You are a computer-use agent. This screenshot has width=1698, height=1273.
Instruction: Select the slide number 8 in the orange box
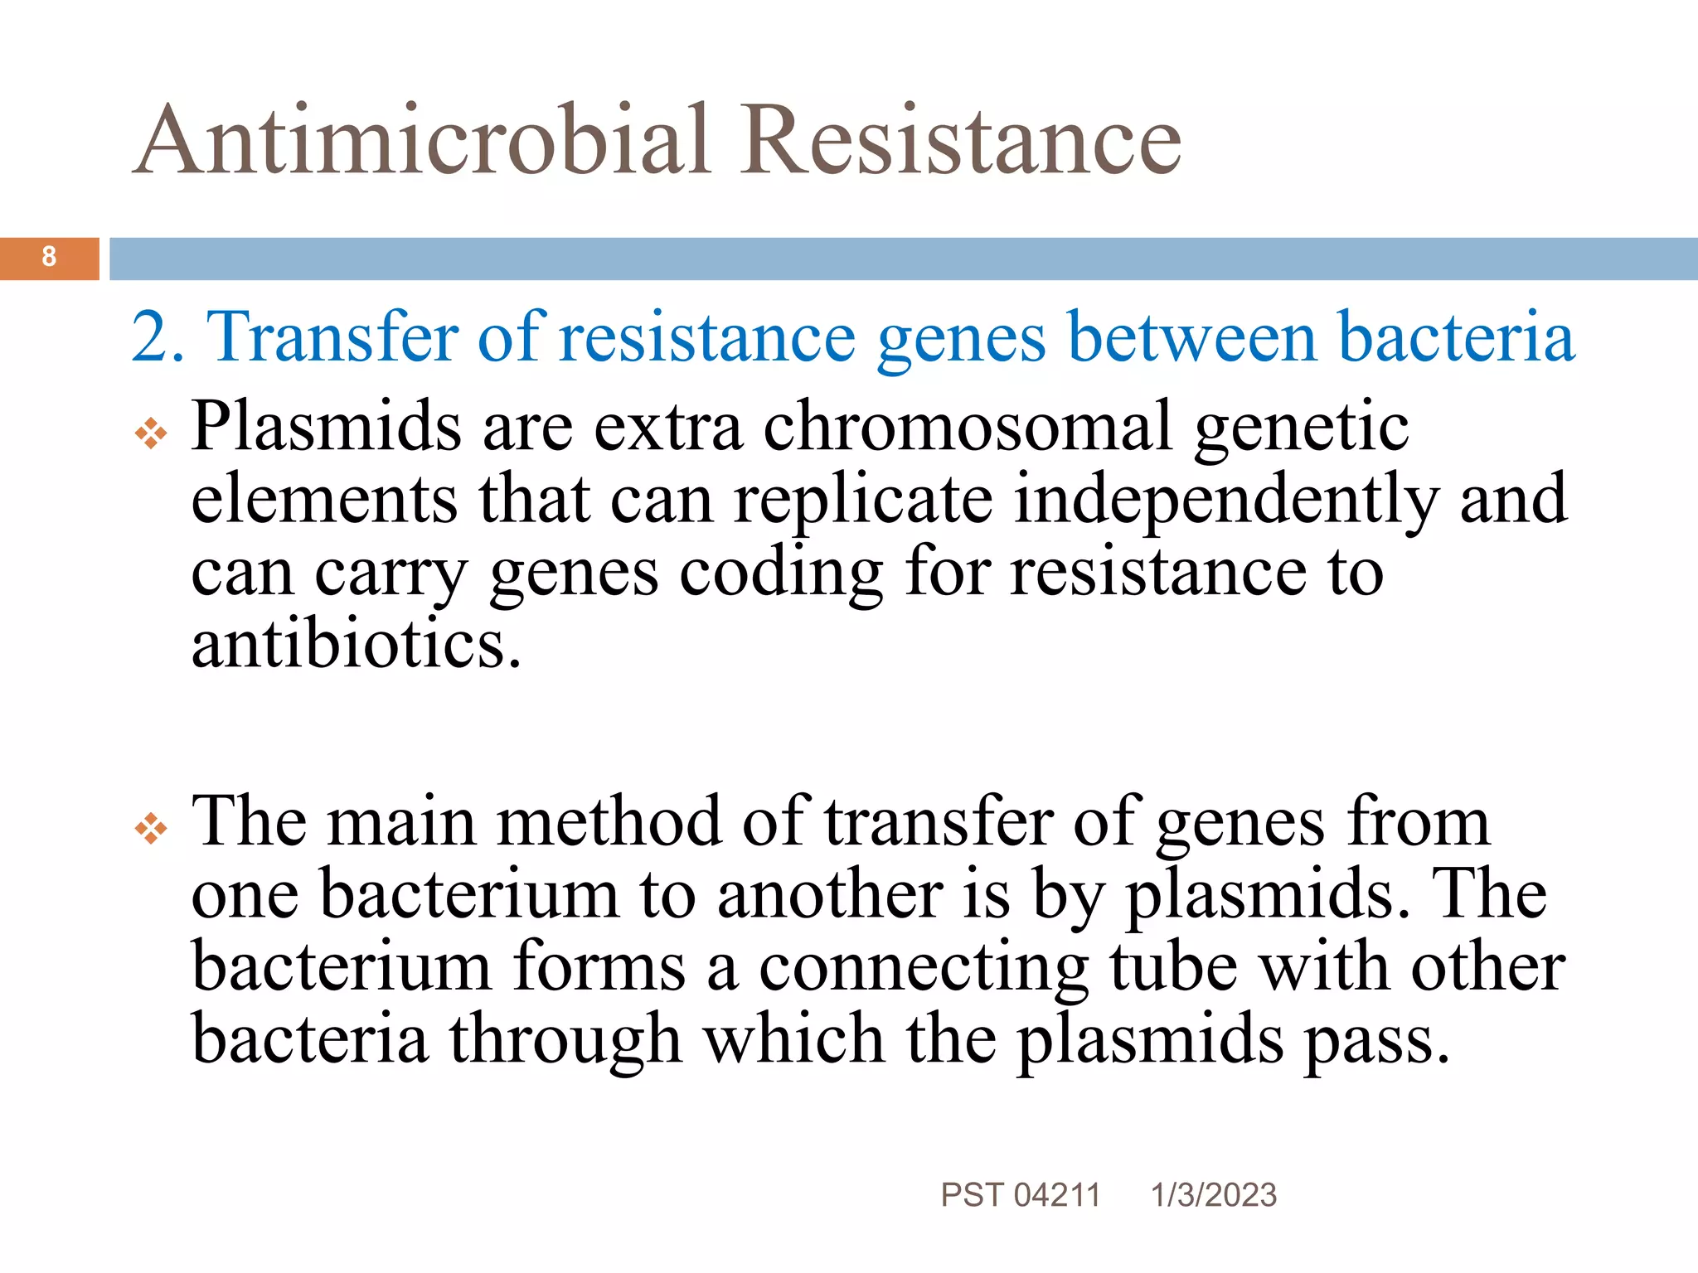(x=49, y=257)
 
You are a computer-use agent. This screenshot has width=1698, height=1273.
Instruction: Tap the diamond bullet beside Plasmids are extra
(x=151, y=433)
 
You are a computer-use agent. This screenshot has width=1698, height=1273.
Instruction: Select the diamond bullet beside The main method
(x=151, y=828)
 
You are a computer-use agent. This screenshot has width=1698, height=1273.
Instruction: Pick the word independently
(x=1226, y=499)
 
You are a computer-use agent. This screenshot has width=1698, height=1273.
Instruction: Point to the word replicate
(x=863, y=499)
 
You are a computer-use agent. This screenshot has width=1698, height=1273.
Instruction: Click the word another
(x=829, y=894)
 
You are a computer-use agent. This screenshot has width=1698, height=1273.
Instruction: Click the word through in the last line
(x=565, y=1039)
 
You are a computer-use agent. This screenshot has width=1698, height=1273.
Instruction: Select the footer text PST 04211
(x=1021, y=1195)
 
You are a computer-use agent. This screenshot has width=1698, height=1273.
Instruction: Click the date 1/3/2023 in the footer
(x=1214, y=1195)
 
